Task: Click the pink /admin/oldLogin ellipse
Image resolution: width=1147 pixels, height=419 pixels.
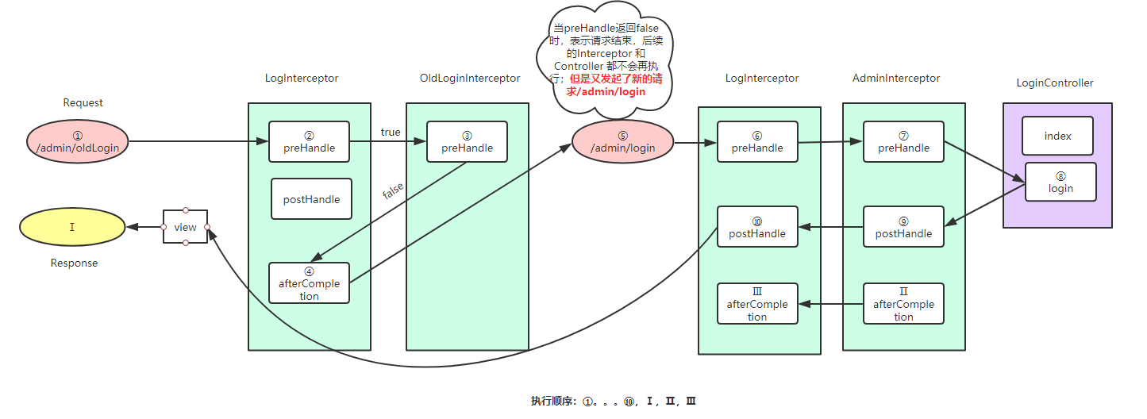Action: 77,141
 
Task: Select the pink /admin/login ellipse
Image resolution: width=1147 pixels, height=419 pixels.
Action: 623,143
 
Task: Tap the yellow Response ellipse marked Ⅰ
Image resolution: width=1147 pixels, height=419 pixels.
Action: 72,228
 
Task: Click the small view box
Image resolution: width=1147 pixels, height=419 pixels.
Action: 185,227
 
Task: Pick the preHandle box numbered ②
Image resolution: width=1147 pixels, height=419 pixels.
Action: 309,141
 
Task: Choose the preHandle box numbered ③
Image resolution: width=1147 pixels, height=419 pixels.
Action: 467,141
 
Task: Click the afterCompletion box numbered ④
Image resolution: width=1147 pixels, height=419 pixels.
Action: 309,283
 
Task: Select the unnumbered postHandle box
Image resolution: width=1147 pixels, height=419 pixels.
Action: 311,199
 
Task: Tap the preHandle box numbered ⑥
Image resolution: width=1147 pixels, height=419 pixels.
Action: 756,141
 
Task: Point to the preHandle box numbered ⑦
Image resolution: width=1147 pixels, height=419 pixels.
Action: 903,141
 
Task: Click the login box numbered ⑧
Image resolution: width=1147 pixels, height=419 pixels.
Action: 1060,182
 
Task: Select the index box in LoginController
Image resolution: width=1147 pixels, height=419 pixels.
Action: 1057,136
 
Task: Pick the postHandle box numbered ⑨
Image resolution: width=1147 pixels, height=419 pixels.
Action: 903,227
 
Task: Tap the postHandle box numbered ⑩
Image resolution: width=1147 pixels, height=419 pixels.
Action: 756,227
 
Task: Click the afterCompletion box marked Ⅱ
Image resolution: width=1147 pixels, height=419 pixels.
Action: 903,304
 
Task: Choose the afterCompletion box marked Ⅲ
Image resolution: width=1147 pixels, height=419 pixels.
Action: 756,304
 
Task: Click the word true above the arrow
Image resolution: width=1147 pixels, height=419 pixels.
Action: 391,132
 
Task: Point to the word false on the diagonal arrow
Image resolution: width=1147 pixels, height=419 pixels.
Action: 393,190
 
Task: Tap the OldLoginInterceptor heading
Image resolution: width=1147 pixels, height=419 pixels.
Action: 470,78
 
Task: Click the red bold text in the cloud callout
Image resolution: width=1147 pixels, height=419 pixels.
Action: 607,86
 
